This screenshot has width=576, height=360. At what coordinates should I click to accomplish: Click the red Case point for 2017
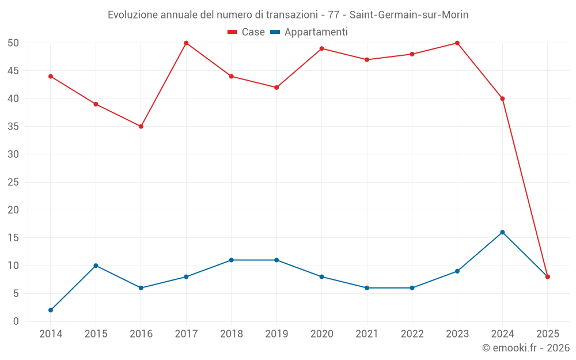tap(186, 43)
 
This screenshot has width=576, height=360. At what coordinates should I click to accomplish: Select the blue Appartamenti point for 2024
tap(502, 232)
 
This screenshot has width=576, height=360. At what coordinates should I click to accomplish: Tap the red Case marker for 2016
tap(141, 126)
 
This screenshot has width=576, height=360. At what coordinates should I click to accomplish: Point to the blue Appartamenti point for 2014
tap(51, 310)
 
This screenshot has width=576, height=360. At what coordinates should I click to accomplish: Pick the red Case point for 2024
tap(502, 98)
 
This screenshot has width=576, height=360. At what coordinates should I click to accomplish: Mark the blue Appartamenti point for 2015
tap(96, 266)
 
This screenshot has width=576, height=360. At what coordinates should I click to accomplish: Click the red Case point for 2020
tap(321, 48)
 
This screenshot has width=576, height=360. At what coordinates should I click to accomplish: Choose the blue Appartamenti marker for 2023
tap(457, 271)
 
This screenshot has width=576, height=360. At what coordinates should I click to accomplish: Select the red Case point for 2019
tap(276, 88)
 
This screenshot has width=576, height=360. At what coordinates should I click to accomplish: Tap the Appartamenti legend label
tap(316, 32)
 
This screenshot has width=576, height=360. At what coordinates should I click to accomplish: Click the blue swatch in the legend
tap(275, 32)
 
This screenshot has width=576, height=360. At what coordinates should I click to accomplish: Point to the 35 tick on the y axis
tap(13, 127)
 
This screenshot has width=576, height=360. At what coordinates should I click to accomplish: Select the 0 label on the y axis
tap(16, 321)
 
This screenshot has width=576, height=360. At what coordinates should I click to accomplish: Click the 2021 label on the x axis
tap(367, 334)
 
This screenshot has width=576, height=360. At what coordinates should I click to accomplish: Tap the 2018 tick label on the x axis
tap(231, 334)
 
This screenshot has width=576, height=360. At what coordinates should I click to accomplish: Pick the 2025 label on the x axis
tap(548, 334)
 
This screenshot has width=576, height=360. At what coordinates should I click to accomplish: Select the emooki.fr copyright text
tap(525, 348)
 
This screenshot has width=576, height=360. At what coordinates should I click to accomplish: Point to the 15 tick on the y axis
tap(13, 238)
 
